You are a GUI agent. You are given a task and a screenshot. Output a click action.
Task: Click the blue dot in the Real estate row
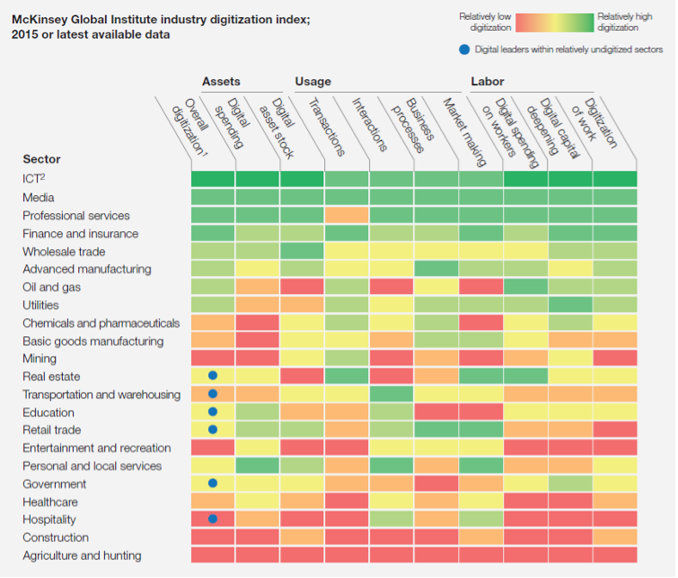pos(213,376)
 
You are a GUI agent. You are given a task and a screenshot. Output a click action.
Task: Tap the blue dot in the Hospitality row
pos(213,519)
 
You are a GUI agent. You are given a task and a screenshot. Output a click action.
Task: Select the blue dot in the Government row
pos(213,484)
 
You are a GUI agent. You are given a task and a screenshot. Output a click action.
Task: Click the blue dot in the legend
pos(463,49)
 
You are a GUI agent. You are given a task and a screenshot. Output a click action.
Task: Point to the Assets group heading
pos(221,82)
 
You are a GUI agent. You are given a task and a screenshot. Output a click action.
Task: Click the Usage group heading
pos(313,82)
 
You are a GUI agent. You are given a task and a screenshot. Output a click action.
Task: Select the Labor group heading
pos(488,82)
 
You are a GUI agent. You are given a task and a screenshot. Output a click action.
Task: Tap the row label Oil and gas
pos(52,287)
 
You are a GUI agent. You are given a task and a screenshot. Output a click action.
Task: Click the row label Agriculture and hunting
pos(82,556)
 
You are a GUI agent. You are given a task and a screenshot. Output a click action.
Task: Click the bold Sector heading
pos(41,159)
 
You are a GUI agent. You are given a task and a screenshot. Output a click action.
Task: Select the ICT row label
pos(34,179)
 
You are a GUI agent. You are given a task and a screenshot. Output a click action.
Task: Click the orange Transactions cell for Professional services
pos(347,215)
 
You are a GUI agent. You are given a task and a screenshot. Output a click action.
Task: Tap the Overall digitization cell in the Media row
pos(213,197)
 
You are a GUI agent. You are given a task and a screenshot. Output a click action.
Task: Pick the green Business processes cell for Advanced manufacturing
pos(436,269)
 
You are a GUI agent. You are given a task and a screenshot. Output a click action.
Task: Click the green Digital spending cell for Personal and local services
pos(258,466)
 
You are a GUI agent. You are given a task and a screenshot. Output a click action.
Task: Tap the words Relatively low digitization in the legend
pos(485,22)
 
